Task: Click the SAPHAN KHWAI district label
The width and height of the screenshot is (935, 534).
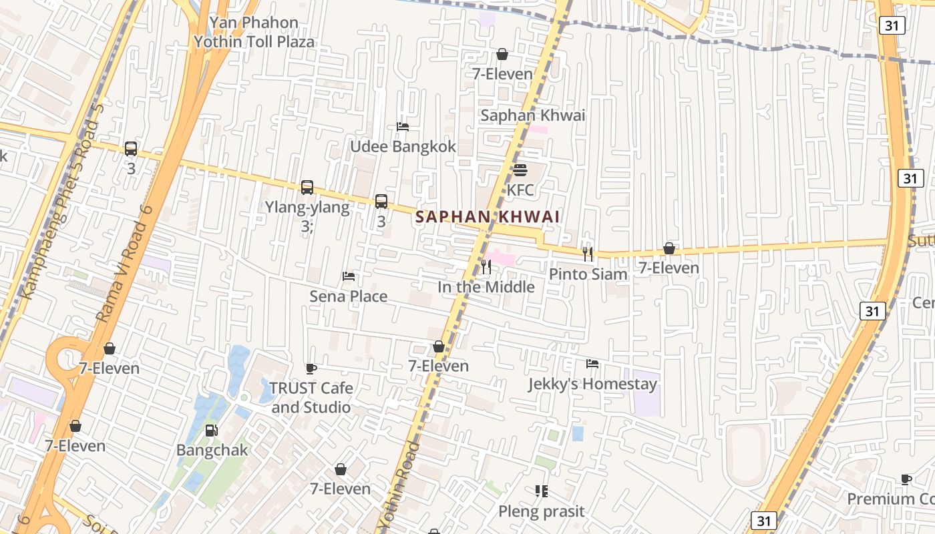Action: [x=487, y=217]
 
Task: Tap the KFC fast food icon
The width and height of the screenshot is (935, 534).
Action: [x=520, y=170]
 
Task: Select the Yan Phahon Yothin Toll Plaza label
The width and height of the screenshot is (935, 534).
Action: [x=254, y=32]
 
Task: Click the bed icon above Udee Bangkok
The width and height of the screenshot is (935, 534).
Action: [x=403, y=126]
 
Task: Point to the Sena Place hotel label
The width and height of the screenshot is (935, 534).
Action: [x=348, y=296]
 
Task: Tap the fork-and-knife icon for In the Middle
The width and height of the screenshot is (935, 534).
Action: [x=486, y=267]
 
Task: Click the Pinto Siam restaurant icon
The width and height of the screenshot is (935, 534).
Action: [x=588, y=254]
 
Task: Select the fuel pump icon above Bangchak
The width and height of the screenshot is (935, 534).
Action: [x=211, y=431]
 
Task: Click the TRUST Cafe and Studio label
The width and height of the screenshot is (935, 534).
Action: [x=311, y=397]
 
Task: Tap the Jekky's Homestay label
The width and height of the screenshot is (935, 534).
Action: [x=592, y=384]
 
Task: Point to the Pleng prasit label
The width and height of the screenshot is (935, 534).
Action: [x=541, y=511]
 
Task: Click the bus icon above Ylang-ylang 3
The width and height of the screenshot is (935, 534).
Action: [x=307, y=188]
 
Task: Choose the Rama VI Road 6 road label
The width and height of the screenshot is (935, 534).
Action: [x=125, y=264]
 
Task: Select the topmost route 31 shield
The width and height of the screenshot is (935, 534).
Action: [x=892, y=25]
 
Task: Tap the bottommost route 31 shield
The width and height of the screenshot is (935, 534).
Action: [x=764, y=520]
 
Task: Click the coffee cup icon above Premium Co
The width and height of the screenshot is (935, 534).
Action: [x=906, y=479]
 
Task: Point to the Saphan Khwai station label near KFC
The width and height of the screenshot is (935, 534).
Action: [x=532, y=115]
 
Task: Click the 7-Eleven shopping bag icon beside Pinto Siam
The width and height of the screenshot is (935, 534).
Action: [x=669, y=248]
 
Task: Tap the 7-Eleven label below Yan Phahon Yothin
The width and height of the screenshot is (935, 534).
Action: [x=502, y=73]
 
